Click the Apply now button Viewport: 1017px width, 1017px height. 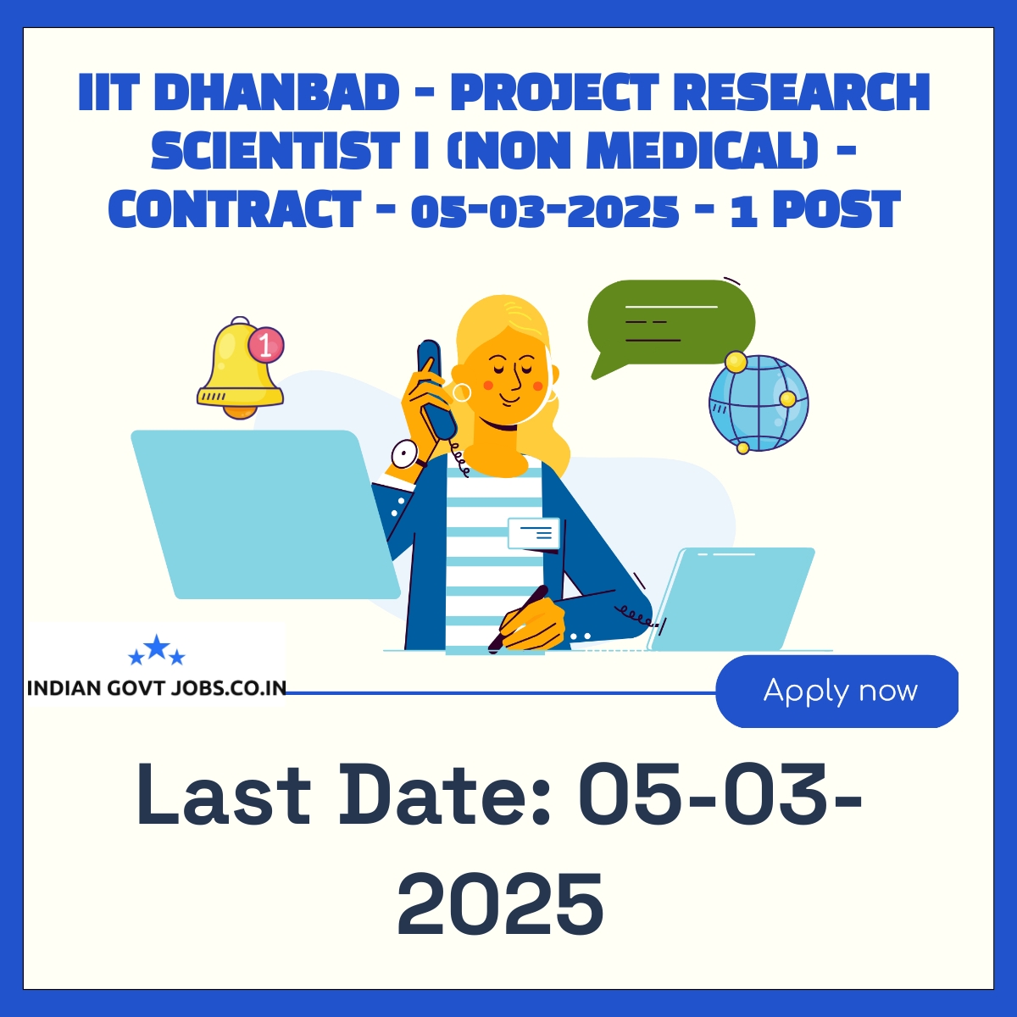836,691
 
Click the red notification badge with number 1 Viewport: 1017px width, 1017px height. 266,347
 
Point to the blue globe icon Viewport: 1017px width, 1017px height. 759,403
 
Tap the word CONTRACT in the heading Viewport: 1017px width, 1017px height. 235,209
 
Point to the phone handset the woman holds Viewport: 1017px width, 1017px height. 437,391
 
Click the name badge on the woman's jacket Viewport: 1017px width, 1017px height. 534,533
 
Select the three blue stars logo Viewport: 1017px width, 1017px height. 157,650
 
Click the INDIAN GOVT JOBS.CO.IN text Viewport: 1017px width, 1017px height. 157,688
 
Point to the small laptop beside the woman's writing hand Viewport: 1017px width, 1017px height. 731,599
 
